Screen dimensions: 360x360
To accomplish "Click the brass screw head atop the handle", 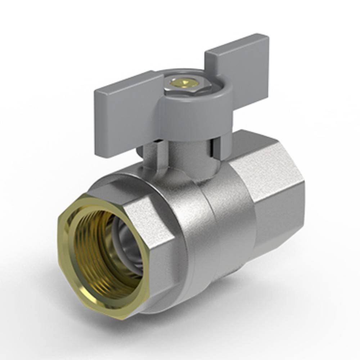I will click(184, 83).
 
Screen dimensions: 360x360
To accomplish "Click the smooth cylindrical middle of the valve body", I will click(220, 223).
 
